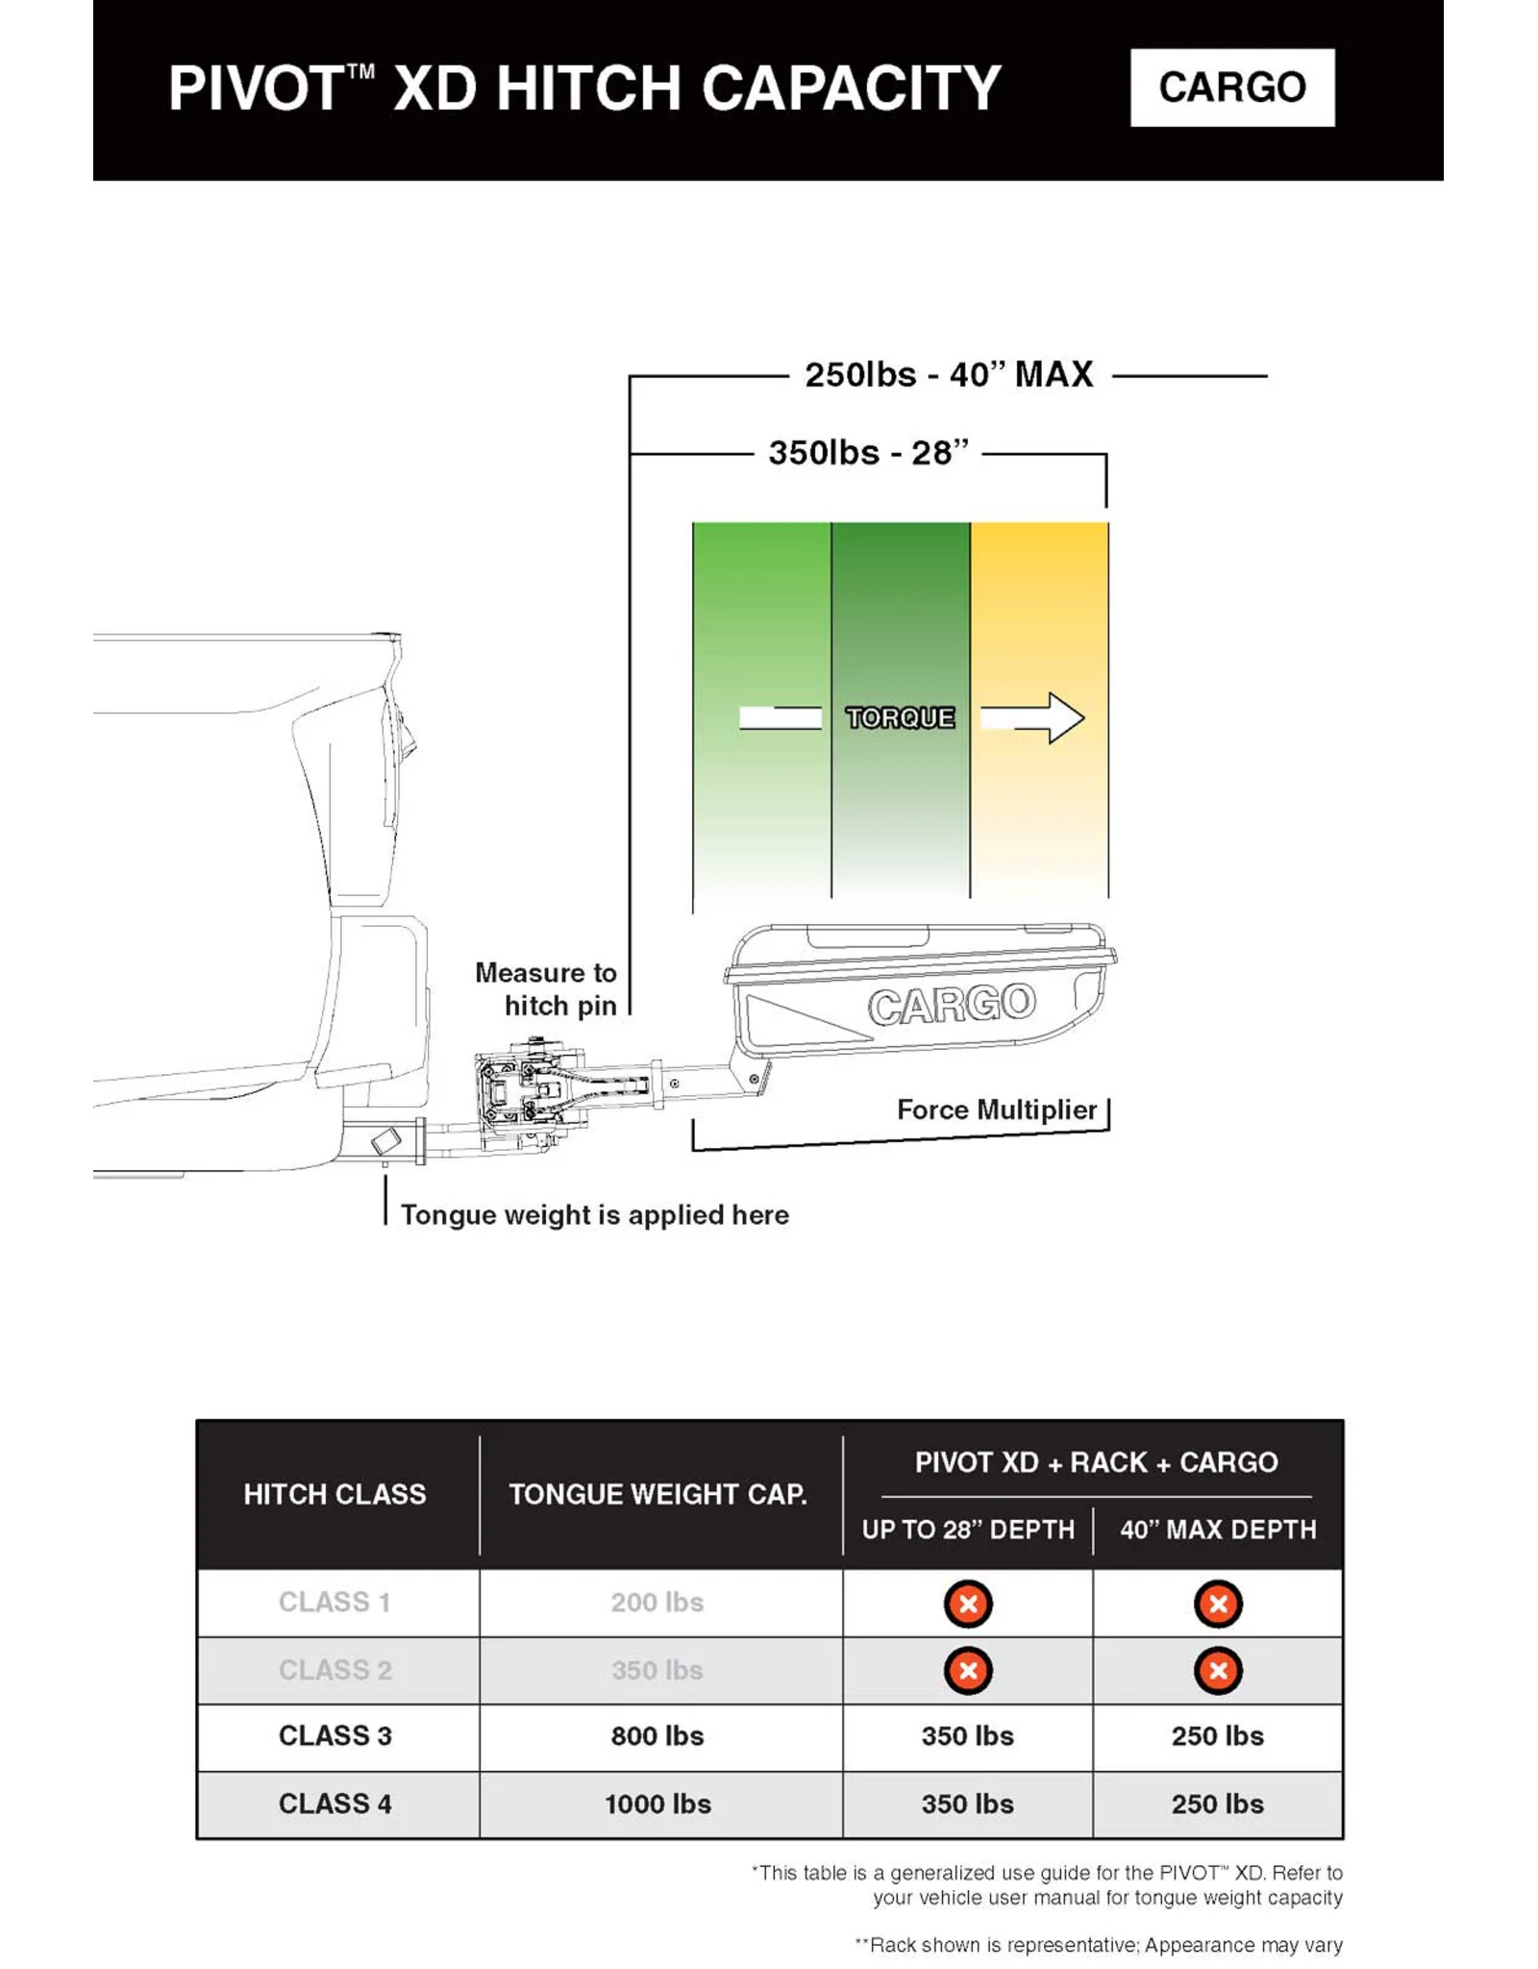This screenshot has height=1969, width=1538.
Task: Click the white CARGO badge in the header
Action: click(1232, 87)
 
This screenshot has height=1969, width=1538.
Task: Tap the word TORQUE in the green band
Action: click(900, 717)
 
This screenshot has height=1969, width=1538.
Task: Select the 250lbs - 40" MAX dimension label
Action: click(949, 375)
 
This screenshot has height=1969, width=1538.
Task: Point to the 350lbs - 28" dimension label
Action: click(868, 453)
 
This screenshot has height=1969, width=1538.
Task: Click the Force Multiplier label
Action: click(997, 1109)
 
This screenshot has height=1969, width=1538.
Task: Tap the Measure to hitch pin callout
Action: click(546, 989)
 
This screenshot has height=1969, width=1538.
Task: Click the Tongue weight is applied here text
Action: click(594, 1215)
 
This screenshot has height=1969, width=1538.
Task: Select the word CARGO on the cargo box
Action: click(952, 1005)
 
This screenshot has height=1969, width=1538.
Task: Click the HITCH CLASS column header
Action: click(335, 1494)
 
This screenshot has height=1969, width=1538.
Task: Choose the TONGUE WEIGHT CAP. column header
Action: click(658, 1494)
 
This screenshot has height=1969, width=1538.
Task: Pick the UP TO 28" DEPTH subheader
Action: click(968, 1530)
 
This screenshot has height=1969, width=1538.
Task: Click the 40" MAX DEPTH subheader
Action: click(1218, 1530)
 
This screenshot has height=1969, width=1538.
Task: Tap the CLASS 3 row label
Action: click(335, 1735)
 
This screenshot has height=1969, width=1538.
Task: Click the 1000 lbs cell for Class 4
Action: click(658, 1804)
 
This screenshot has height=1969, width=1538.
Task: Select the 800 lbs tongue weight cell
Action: click(658, 1735)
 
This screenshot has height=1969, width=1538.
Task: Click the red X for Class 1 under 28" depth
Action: click(968, 1604)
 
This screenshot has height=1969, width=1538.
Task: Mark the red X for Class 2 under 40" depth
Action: click(1218, 1671)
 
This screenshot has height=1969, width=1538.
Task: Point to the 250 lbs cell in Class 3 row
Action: click(1218, 1735)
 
